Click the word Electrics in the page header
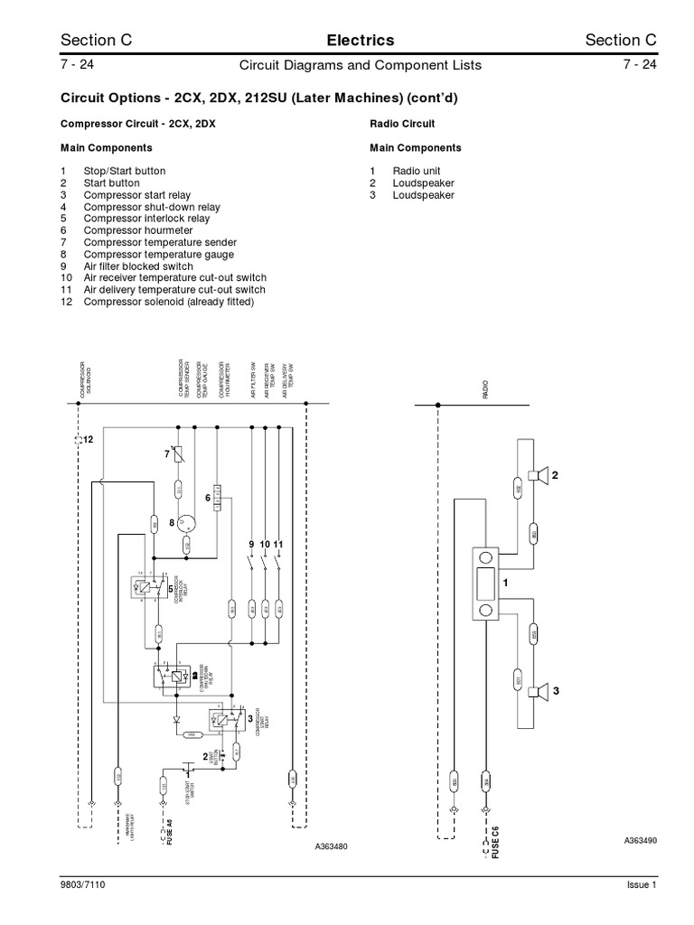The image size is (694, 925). pos(360,40)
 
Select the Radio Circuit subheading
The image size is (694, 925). pos(402,124)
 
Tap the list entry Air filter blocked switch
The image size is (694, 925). pos(138,266)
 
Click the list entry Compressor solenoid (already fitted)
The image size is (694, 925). pos(169,302)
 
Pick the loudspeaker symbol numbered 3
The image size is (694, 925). pos(538,691)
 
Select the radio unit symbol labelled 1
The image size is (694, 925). pos(486,584)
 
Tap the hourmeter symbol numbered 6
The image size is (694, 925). pos(217,497)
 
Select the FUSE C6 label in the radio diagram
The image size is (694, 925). pos(494,841)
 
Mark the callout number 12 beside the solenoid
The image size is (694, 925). pos(88,438)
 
